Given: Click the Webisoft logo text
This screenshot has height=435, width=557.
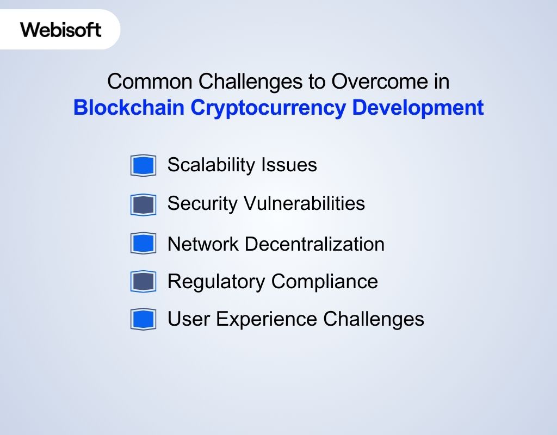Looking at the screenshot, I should point(61,29).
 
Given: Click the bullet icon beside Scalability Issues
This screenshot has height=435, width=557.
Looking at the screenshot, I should point(143,165).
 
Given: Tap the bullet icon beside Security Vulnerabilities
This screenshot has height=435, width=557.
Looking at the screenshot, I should point(143,204).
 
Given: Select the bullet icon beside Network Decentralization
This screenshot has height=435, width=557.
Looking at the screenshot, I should point(143,243).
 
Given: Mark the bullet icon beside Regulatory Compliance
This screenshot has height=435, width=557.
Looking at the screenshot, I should point(143,281).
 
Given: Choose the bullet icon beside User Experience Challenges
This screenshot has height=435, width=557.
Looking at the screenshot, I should point(143,319).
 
